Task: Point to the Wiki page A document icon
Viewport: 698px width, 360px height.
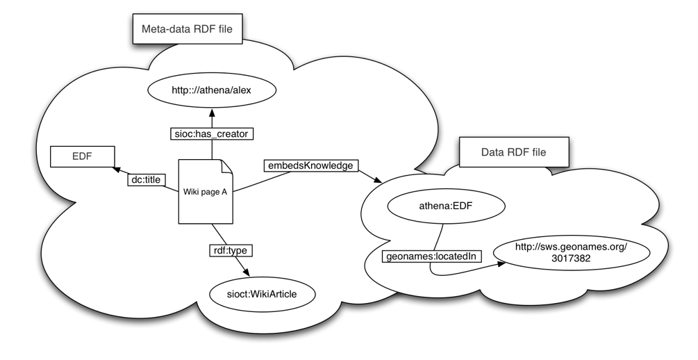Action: pyautogui.click(x=205, y=191)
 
